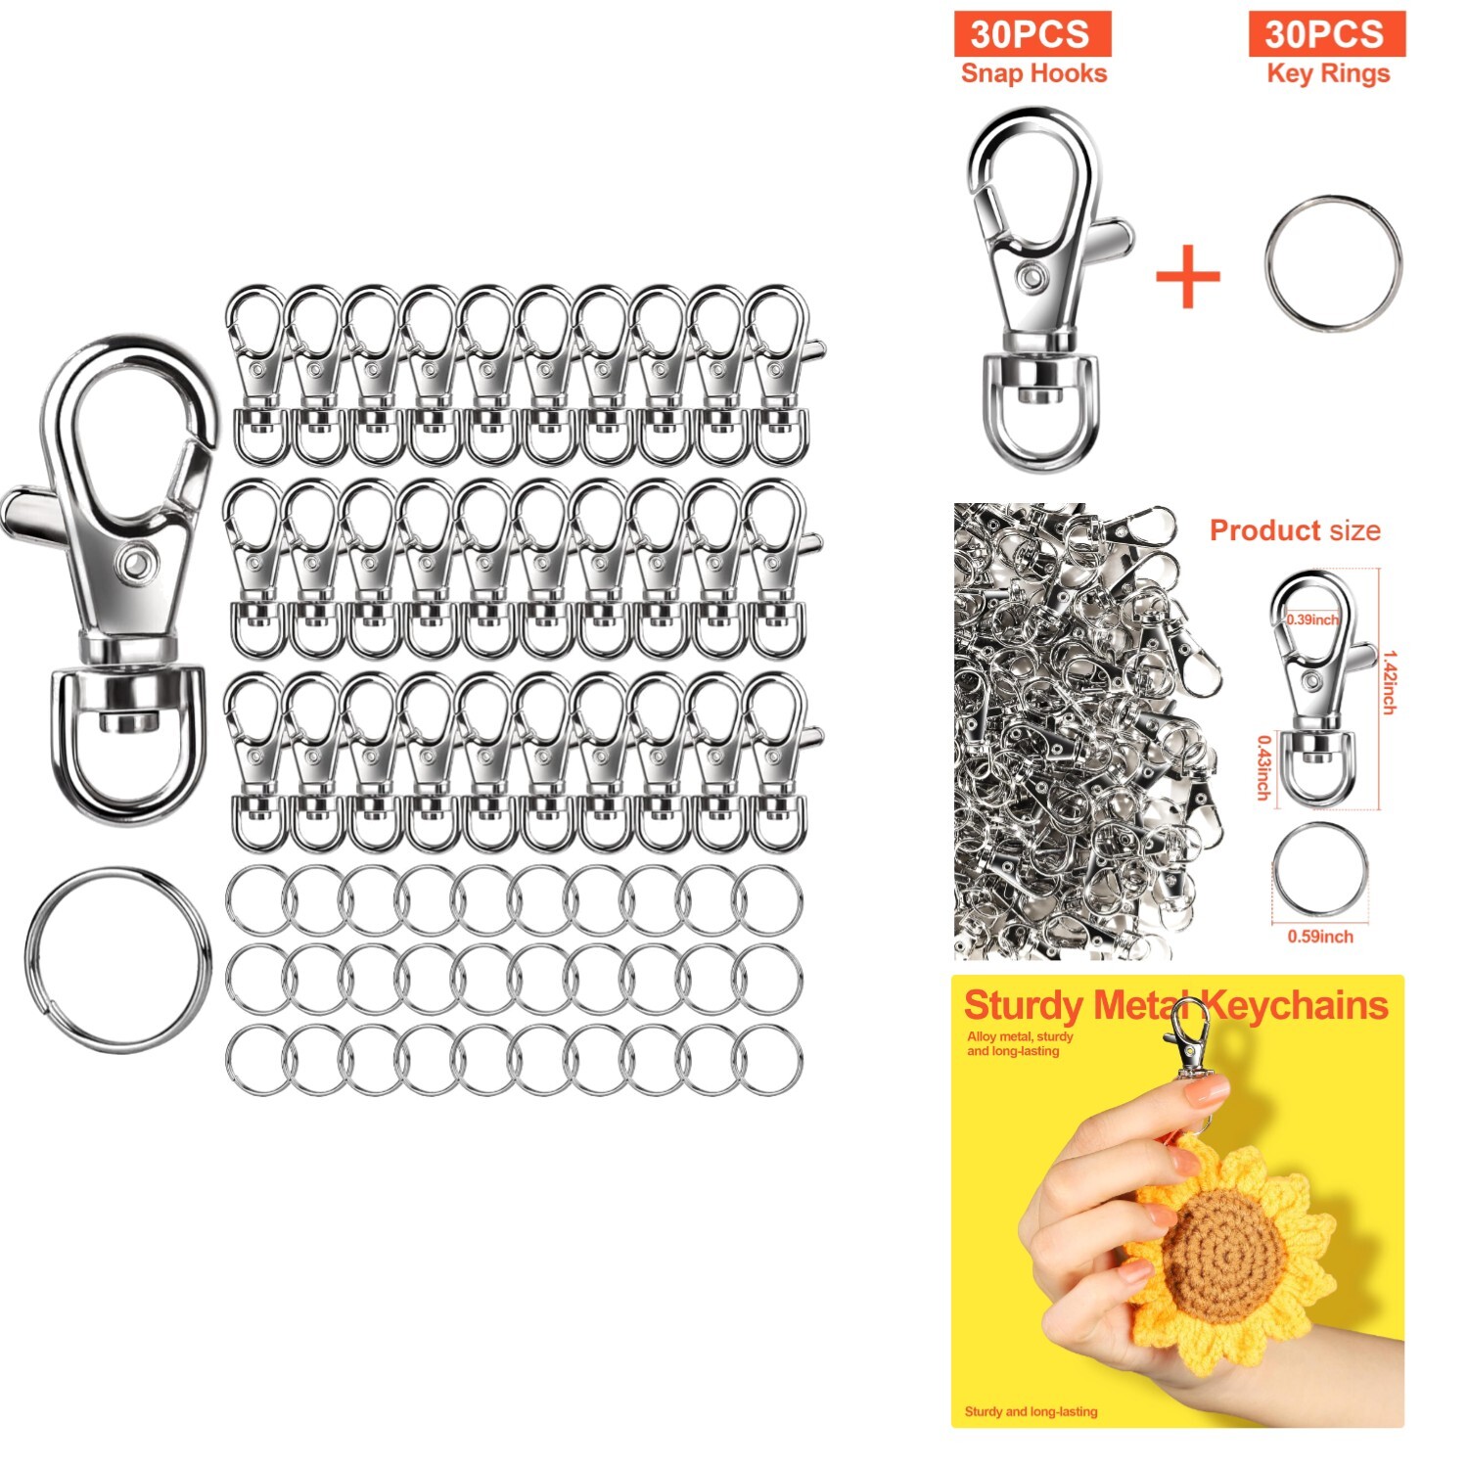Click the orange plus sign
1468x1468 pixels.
(1187, 276)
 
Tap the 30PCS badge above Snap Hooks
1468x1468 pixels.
(1032, 34)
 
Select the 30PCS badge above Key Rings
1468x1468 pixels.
(1325, 34)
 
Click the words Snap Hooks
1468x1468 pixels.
(1033, 73)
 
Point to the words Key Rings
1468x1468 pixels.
(1327, 73)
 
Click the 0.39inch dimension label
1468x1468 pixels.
(1311, 619)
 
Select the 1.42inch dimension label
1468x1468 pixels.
(1389, 682)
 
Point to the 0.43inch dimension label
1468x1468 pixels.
(1263, 767)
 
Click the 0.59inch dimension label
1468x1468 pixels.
(1319, 937)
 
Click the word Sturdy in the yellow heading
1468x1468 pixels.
(1023, 1006)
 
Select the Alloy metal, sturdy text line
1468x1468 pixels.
(1020, 1036)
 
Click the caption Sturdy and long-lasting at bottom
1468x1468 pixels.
(1031, 1411)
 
